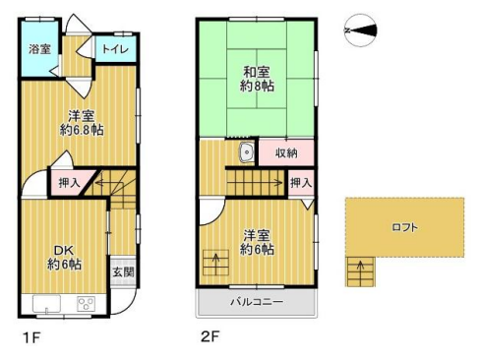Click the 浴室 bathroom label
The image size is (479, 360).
39,49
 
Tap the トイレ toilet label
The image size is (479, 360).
115,49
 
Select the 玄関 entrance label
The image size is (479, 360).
123,271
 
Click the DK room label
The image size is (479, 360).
64,251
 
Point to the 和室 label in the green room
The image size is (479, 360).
257,72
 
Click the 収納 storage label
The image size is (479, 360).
286,152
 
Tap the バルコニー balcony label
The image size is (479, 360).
257,302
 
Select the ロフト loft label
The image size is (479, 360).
405,227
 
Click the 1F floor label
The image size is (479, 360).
31,337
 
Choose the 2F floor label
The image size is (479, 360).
210,336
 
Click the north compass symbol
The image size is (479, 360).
360,30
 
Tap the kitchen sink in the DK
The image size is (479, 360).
46,304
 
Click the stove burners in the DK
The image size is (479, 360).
87,304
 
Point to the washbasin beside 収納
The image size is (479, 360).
246,152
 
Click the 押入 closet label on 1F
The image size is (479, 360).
69,183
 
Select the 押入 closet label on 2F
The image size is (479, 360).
301,183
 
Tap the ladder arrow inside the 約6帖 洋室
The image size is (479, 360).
216,264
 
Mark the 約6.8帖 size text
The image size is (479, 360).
82,130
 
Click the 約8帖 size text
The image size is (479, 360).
257,86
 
